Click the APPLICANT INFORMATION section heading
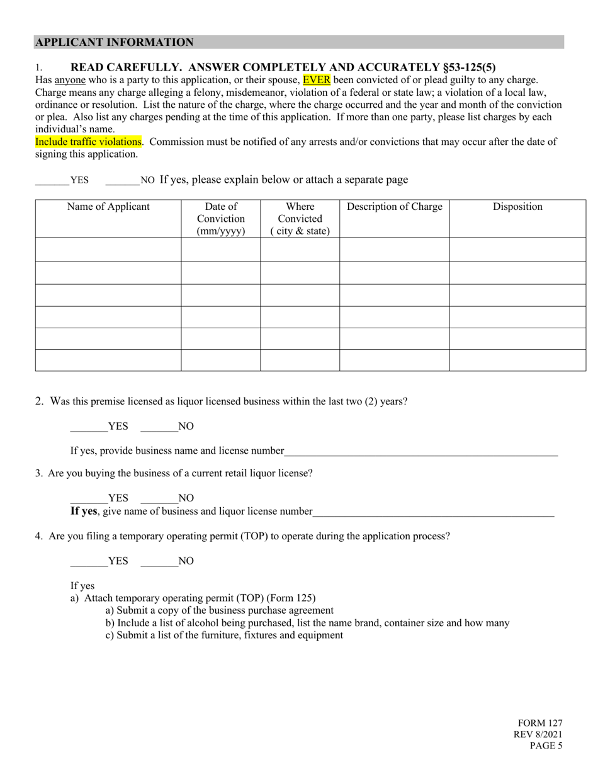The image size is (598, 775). coord(114,42)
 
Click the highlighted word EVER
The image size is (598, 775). coord(316,80)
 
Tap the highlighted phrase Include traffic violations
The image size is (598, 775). coord(88,142)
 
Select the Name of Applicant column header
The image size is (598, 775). coord(108,207)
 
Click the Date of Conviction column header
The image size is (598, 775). coord(220,218)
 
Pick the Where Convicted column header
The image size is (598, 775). coord(300,218)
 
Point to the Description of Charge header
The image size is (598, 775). coord(394,207)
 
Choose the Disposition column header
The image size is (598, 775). coord(517,207)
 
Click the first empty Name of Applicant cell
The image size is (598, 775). coord(108,250)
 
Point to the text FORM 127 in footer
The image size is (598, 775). coord(540,723)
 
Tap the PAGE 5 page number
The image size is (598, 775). coord(545,746)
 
